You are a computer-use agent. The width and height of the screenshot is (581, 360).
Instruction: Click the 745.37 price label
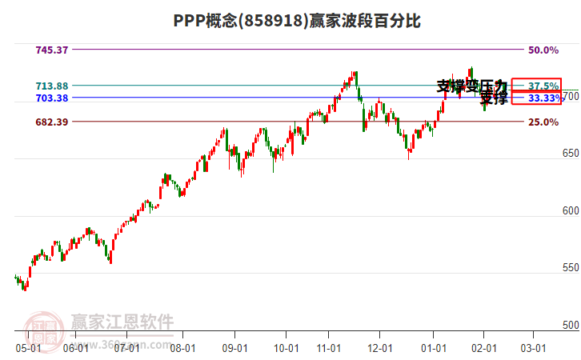pos(52,50)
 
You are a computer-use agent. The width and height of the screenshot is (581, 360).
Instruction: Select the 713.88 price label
pos(52,86)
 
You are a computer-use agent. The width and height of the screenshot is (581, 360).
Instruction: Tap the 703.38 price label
pos(52,98)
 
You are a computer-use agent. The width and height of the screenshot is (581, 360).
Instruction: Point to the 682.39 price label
pos(52,122)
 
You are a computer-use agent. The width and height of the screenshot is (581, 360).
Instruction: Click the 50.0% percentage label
pos(543,50)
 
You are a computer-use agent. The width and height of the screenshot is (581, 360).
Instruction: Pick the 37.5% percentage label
pos(543,86)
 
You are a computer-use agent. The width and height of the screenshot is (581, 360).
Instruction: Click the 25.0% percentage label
pos(543,122)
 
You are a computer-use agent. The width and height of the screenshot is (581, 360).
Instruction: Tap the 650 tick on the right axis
pos(571,153)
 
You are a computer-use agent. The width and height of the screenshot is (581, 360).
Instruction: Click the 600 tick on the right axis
pos(571,211)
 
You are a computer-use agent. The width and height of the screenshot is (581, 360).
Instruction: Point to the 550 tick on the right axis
pos(571,268)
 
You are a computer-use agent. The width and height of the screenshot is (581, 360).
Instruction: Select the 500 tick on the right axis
pos(571,326)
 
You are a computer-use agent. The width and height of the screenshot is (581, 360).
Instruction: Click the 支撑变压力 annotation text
pos(471,86)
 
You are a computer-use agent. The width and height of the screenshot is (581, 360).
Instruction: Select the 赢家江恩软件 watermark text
pos(122,322)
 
